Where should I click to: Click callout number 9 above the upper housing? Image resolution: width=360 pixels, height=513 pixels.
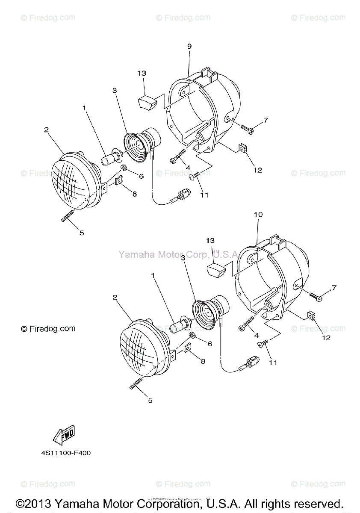(189, 46)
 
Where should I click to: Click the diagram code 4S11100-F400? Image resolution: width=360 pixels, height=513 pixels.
(63, 453)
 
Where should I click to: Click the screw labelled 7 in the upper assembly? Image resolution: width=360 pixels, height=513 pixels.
(247, 128)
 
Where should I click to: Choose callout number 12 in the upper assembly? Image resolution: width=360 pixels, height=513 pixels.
(257, 170)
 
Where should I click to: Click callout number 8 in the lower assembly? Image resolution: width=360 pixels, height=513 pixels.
(203, 361)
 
